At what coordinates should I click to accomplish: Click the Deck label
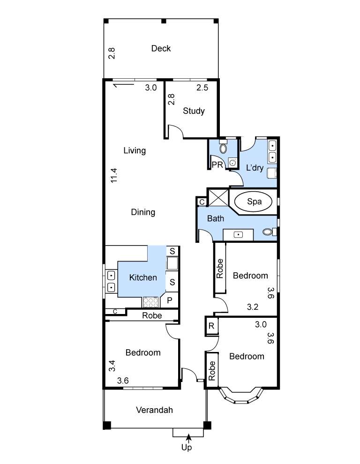(161, 48)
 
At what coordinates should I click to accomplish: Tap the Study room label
(194, 111)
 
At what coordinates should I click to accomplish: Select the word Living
(135, 150)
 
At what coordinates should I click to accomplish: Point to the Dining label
(143, 212)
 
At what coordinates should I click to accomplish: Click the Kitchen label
(143, 277)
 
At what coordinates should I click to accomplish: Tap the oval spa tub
(253, 202)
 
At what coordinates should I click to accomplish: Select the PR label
(217, 165)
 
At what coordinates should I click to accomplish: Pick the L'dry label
(255, 168)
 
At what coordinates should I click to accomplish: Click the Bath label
(216, 219)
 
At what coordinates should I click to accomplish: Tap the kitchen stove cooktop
(150, 302)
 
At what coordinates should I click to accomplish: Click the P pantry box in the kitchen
(170, 300)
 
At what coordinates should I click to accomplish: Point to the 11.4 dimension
(114, 175)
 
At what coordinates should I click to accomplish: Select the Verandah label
(154, 410)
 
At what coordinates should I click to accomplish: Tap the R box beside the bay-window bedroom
(211, 326)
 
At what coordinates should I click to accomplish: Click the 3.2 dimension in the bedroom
(253, 307)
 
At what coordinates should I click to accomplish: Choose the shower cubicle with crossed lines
(218, 197)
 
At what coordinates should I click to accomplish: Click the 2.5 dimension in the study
(202, 88)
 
